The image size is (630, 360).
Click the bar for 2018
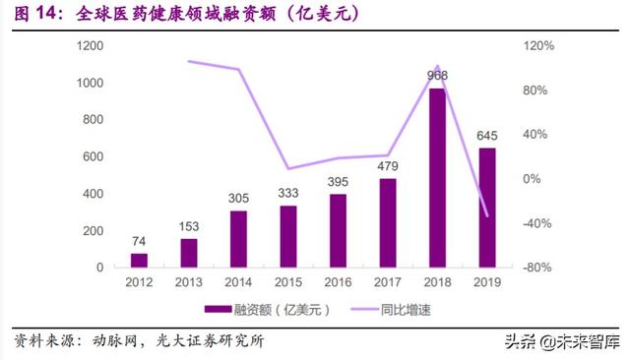[437, 178]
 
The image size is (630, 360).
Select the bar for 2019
[486, 208]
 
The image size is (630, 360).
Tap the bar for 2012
[139, 260]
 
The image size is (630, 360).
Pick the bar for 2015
[287, 236]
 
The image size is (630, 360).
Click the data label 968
[437, 75]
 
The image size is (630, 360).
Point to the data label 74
[139, 241]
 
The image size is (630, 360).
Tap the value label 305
[238, 198]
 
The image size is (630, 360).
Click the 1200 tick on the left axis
[91, 46]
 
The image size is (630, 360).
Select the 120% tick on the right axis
[540, 46]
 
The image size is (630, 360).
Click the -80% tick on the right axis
[540, 268]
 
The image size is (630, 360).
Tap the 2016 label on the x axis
[338, 283]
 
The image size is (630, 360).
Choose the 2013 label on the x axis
[189, 283]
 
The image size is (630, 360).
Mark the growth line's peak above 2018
[437, 67]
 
